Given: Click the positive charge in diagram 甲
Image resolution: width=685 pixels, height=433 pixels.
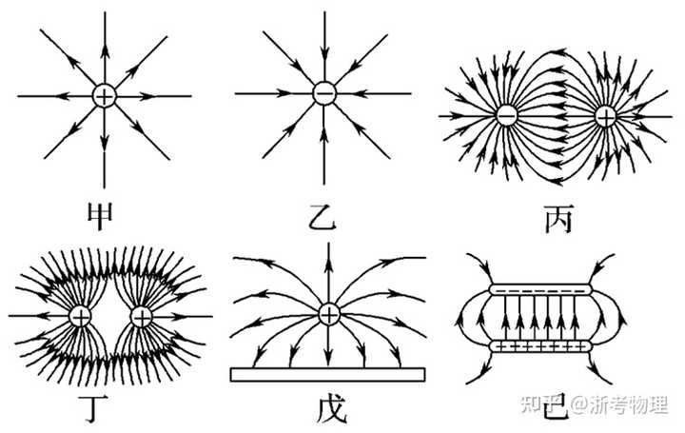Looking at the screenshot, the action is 105,96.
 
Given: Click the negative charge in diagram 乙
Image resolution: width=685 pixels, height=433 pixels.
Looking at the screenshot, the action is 324,93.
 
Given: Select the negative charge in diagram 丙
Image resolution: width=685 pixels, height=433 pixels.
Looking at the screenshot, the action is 507,116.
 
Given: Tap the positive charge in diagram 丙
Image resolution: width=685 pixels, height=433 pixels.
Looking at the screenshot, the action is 606,116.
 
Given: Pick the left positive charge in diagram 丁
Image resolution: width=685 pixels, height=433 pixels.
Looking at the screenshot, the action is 81,316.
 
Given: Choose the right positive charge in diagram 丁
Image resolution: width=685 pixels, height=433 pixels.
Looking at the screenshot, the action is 141,316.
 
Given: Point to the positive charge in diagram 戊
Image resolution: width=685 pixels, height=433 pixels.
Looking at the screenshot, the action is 328,314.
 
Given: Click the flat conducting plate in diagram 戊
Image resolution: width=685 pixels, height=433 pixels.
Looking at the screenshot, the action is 327,374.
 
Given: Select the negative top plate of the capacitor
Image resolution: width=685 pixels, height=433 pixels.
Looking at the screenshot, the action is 540,289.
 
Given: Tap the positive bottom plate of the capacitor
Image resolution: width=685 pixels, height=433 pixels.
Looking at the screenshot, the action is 540,346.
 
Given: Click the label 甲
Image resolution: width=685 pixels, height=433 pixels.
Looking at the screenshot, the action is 101,216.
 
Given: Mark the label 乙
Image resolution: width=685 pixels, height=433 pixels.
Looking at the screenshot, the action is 323,217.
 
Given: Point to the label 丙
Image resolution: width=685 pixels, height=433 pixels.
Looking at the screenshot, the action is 558,219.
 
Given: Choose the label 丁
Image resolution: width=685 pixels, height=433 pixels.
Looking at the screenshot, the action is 96,409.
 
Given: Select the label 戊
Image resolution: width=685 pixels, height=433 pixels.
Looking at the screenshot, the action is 331,409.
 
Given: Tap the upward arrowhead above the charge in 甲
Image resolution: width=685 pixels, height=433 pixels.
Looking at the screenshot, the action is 105,50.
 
